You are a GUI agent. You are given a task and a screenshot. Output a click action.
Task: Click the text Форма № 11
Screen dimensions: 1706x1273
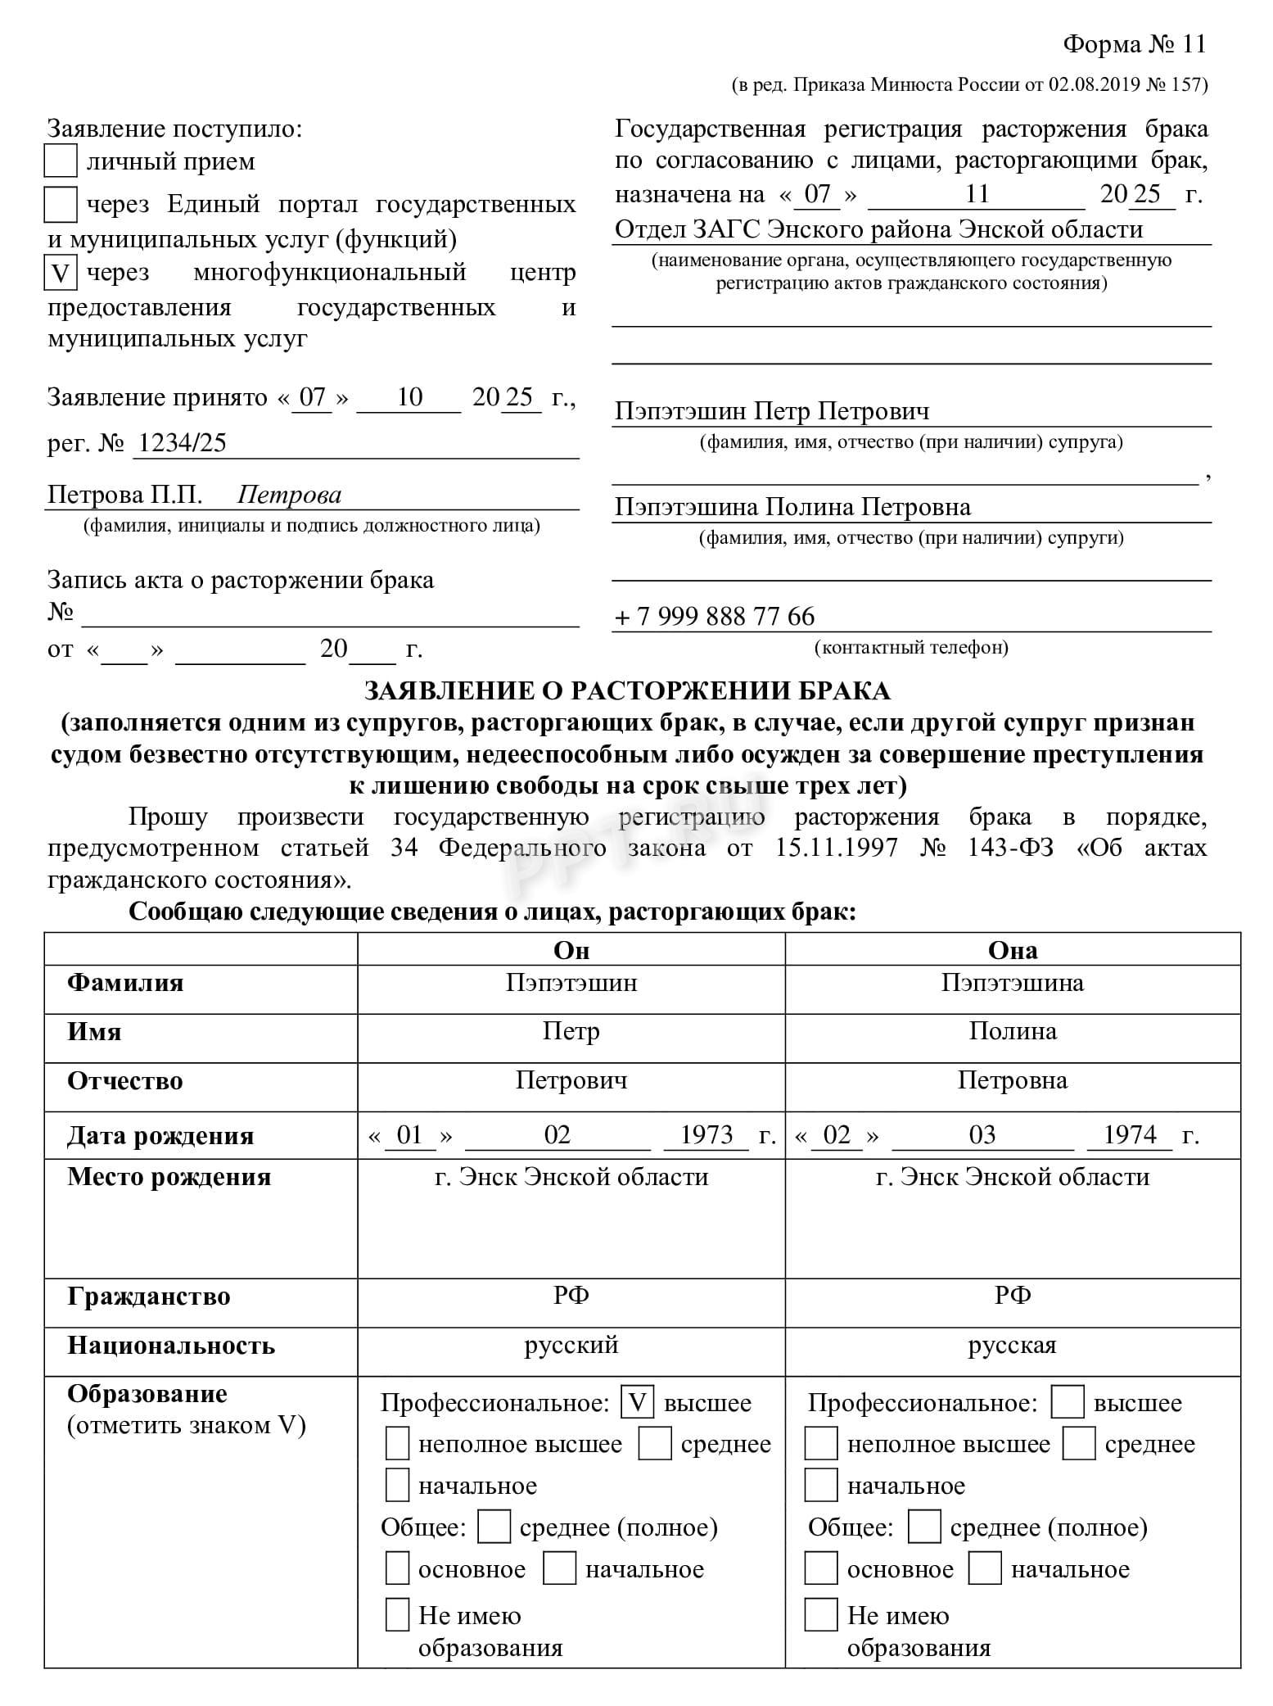click(1134, 44)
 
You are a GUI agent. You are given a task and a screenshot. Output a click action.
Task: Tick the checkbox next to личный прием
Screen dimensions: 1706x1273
click(60, 161)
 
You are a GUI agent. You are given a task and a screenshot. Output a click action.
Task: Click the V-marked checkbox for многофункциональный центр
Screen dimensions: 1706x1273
click(60, 273)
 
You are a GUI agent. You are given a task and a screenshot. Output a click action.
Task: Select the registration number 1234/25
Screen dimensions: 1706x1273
click(182, 443)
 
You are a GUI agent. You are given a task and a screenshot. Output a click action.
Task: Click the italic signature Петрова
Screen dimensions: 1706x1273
click(289, 495)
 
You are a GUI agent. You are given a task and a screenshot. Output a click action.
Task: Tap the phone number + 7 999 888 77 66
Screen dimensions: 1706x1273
click(715, 616)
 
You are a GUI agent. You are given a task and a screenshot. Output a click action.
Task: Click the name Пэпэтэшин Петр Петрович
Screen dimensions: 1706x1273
click(772, 411)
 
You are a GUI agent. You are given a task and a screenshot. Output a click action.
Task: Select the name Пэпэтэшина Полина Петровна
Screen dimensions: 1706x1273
click(792, 507)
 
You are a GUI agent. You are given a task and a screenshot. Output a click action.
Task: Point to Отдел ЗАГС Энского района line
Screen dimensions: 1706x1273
click(878, 229)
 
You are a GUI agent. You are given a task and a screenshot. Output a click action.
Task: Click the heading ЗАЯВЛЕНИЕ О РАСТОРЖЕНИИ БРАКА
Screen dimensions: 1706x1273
click(627, 690)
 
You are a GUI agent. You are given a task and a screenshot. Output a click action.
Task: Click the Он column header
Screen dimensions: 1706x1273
click(571, 950)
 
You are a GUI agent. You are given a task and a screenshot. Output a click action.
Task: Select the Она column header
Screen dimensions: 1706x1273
click(1013, 950)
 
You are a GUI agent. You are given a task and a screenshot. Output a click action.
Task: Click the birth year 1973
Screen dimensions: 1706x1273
click(706, 1134)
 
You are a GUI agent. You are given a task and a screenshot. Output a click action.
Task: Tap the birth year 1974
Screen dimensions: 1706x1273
click(1130, 1134)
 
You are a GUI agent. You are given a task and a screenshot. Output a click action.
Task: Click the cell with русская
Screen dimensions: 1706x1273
click(1013, 1345)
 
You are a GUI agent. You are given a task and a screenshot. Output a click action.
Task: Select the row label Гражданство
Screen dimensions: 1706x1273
click(149, 1296)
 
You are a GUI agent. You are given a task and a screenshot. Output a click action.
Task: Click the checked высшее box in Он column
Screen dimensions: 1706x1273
click(638, 1402)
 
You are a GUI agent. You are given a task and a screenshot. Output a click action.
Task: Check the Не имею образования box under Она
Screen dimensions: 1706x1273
click(821, 1613)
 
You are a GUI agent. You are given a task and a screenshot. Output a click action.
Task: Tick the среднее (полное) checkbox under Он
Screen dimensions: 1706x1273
click(494, 1527)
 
